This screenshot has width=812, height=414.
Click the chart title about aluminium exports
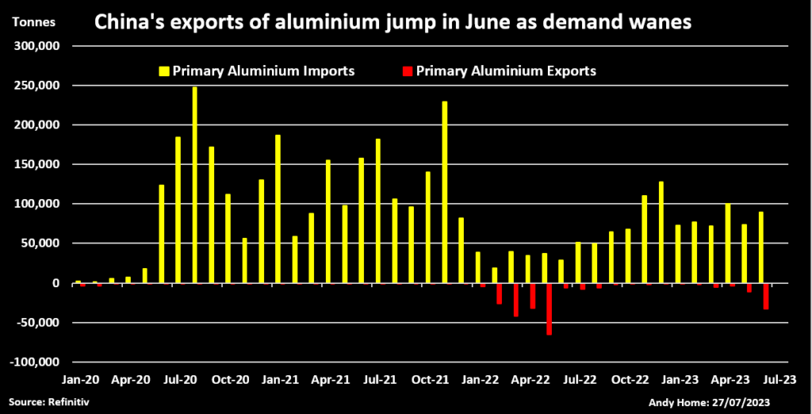point(393,24)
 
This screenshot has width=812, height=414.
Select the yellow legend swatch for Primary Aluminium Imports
point(165,71)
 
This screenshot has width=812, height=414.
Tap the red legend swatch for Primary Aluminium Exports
point(408,71)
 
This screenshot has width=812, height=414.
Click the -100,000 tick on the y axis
point(35,362)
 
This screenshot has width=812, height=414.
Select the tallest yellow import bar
point(194,184)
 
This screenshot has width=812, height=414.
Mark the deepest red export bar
point(549,309)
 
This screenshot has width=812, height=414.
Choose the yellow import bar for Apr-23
point(727,243)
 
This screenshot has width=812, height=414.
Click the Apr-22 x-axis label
point(529,380)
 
